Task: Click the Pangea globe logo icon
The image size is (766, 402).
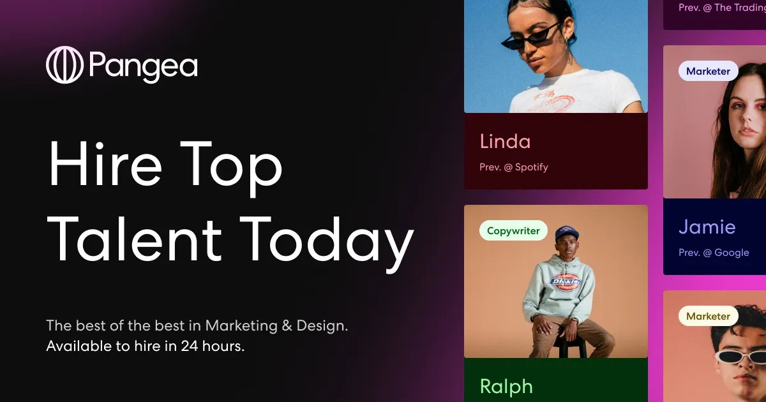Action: coord(65,65)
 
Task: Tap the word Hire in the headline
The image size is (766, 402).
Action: coord(105,164)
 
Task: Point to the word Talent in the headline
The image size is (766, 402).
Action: coord(134,239)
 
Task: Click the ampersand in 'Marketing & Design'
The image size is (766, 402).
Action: coord(289,325)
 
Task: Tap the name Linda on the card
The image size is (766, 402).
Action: coord(505,141)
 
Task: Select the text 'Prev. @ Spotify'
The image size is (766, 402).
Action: coord(514,167)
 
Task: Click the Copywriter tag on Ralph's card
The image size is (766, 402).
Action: coord(513,231)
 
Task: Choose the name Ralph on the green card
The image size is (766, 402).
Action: coord(506,386)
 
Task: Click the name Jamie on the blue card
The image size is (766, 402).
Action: coord(707,227)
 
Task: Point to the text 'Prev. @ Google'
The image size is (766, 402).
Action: coord(714,253)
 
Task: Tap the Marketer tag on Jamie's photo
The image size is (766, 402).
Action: coord(708,71)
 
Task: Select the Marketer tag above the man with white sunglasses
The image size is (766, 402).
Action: coord(708,316)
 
